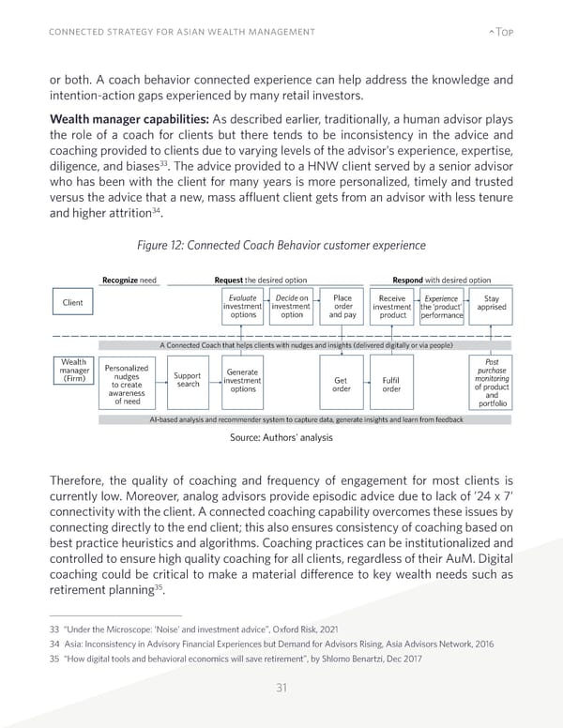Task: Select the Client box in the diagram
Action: pyautogui.click(x=72, y=303)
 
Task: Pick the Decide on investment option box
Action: pyautogui.click(x=291, y=307)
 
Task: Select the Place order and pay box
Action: pyautogui.click(x=342, y=307)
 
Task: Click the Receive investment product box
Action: pyautogui.click(x=392, y=307)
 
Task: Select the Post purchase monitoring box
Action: pyautogui.click(x=492, y=395)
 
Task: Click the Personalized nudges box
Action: pyautogui.click(x=129, y=395)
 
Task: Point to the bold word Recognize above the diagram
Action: pyautogui.click(x=119, y=280)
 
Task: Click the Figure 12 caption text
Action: pyautogui.click(x=281, y=246)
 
